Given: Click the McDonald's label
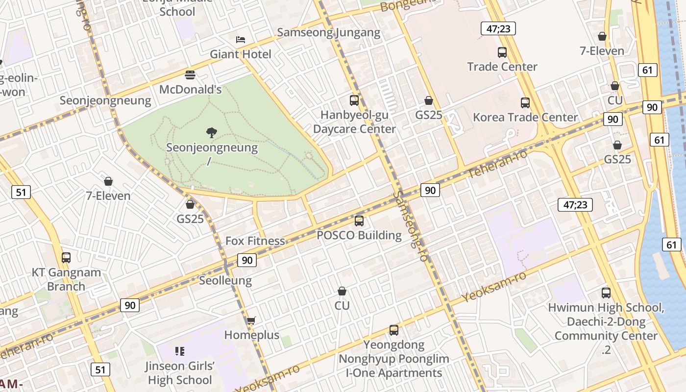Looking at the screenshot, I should [x=191, y=90].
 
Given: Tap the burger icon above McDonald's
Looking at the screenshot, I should [x=190, y=75].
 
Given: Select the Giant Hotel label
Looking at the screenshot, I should [x=240, y=54].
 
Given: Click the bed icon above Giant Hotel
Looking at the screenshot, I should [x=240, y=39].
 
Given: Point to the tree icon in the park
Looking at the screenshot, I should [x=212, y=132].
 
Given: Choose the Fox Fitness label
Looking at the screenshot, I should [x=255, y=241].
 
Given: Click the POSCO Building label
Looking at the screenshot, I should [x=359, y=235].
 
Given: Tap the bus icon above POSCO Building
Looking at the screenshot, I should [x=359, y=221].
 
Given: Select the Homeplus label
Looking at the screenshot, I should [x=251, y=335].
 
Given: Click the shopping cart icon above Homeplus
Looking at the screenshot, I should [x=251, y=321].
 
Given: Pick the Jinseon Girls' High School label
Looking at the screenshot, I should [x=180, y=373].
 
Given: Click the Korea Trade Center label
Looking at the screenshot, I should [x=525, y=117].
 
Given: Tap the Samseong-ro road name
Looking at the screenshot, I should [x=411, y=226].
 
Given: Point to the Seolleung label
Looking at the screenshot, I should [x=225, y=281].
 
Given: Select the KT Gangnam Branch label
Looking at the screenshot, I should [x=66, y=279].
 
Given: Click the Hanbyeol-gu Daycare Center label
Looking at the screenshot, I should [x=354, y=122].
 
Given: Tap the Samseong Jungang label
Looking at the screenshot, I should [x=328, y=33].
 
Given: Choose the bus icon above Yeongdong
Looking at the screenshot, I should [x=394, y=330].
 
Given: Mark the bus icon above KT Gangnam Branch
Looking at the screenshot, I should [x=66, y=257].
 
